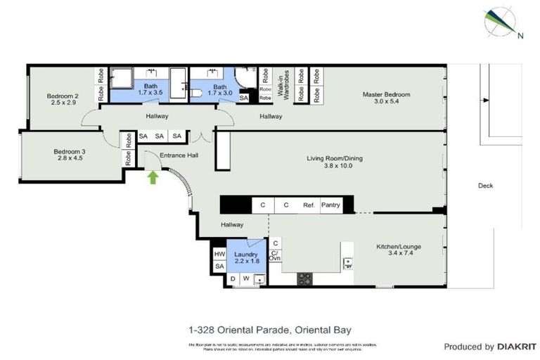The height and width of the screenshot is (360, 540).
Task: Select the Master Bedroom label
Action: (386, 98)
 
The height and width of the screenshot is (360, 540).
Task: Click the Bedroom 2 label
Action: (62, 99)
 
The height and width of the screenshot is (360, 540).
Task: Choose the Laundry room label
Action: (246, 257)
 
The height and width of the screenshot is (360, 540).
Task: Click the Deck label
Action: (484, 186)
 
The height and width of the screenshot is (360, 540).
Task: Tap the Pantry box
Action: (330, 205)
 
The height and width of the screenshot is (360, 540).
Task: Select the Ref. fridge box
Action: (308, 205)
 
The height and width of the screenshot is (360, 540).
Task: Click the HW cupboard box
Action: (219, 254)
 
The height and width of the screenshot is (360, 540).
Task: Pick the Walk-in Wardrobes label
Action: (283, 84)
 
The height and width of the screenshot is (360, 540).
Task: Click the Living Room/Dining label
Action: (334, 162)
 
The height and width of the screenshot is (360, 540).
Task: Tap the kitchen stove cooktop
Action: (305, 278)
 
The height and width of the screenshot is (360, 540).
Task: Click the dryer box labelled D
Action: (233, 279)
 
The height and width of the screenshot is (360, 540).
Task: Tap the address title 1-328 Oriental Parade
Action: (269, 328)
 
